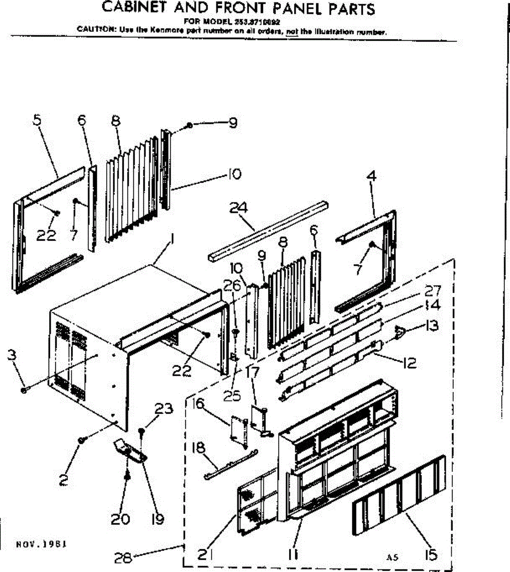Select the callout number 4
click(371, 176)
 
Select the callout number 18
click(198, 448)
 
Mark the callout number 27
click(432, 290)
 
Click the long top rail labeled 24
click(267, 230)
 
